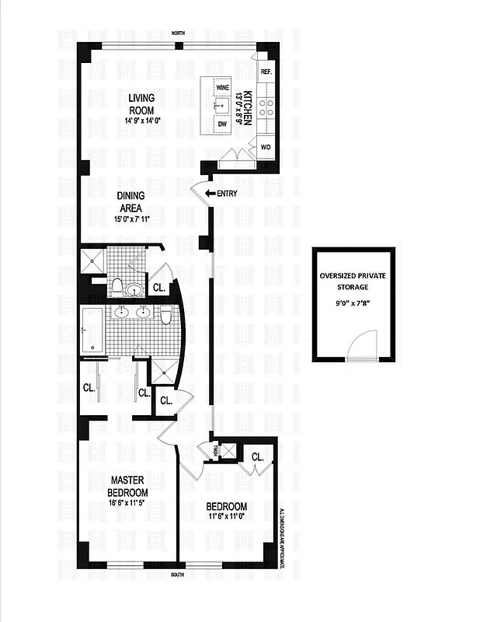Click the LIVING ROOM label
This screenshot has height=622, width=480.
[141, 103]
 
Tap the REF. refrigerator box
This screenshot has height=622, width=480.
[266, 72]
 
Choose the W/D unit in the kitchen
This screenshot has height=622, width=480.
[265, 146]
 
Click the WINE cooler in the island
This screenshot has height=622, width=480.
[222, 88]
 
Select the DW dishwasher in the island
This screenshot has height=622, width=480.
[222, 124]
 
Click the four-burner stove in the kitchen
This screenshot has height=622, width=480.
[266, 107]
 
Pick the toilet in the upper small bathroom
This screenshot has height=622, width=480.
[116, 287]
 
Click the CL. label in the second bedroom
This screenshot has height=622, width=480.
[257, 457]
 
